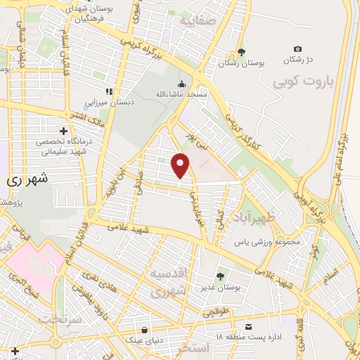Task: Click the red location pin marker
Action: click(181, 165)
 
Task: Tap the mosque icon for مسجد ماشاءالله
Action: click(181, 82)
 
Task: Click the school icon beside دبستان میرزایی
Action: click(108, 91)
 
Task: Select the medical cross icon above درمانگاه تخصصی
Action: click(64, 131)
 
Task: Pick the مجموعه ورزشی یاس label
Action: click(267, 242)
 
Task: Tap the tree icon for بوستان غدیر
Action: click(220, 276)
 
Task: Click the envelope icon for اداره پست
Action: click(249, 327)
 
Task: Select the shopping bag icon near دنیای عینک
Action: click(145, 328)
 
